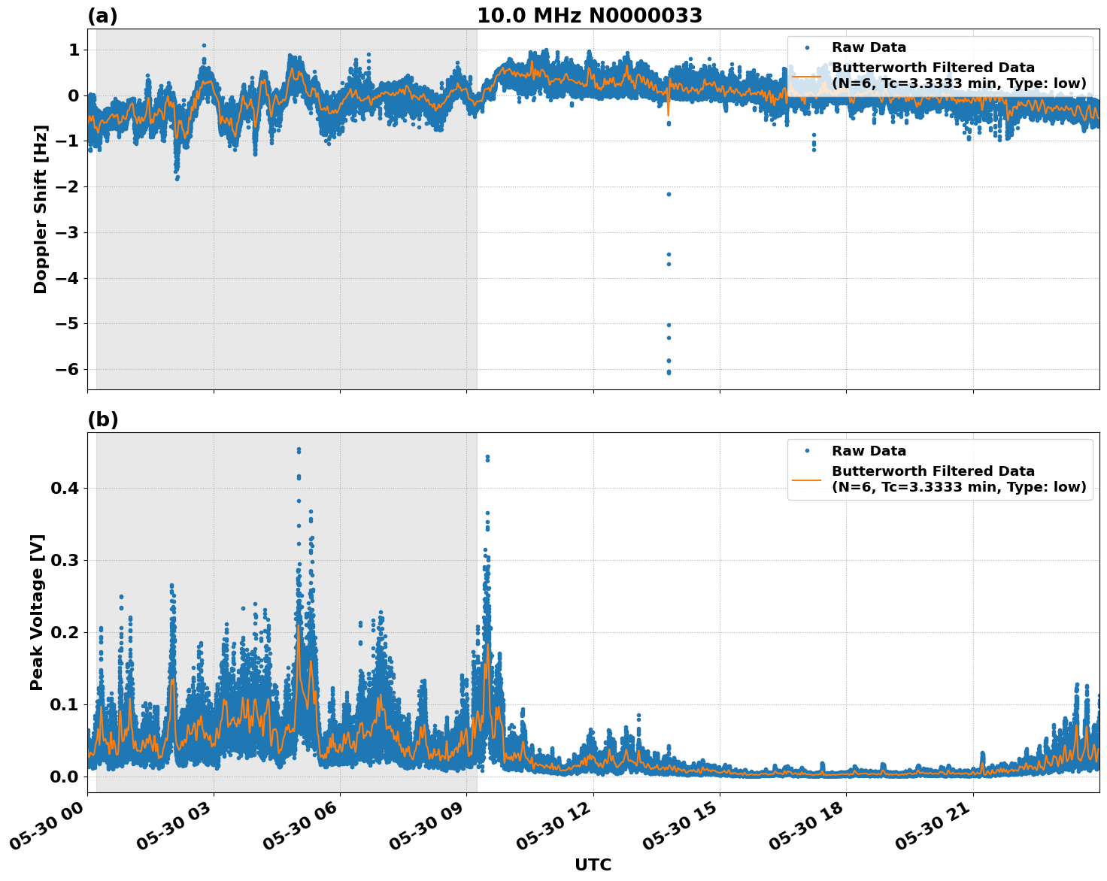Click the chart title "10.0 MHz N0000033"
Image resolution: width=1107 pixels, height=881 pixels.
[x=590, y=16]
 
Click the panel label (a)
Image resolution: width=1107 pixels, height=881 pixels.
[x=102, y=16]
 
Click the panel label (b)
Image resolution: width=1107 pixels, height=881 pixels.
[x=102, y=419]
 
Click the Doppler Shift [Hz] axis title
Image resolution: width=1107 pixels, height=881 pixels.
[x=41, y=209]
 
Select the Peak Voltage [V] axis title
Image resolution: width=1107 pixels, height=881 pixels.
[x=37, y=612]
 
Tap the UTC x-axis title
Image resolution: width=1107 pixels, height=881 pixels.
[x=593, y=864]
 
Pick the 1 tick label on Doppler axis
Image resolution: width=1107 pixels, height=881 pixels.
[x=74, y=50]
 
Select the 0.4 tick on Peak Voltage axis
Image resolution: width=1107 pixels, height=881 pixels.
[x=64, y=488]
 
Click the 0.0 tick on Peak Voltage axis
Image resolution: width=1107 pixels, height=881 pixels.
[x=64, y=777]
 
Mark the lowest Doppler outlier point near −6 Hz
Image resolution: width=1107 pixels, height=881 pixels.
[x=669, y=372]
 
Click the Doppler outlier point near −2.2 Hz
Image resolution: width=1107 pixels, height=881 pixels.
[x=669, y=194]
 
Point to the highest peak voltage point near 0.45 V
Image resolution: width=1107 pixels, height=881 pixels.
[x=299, y=450]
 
